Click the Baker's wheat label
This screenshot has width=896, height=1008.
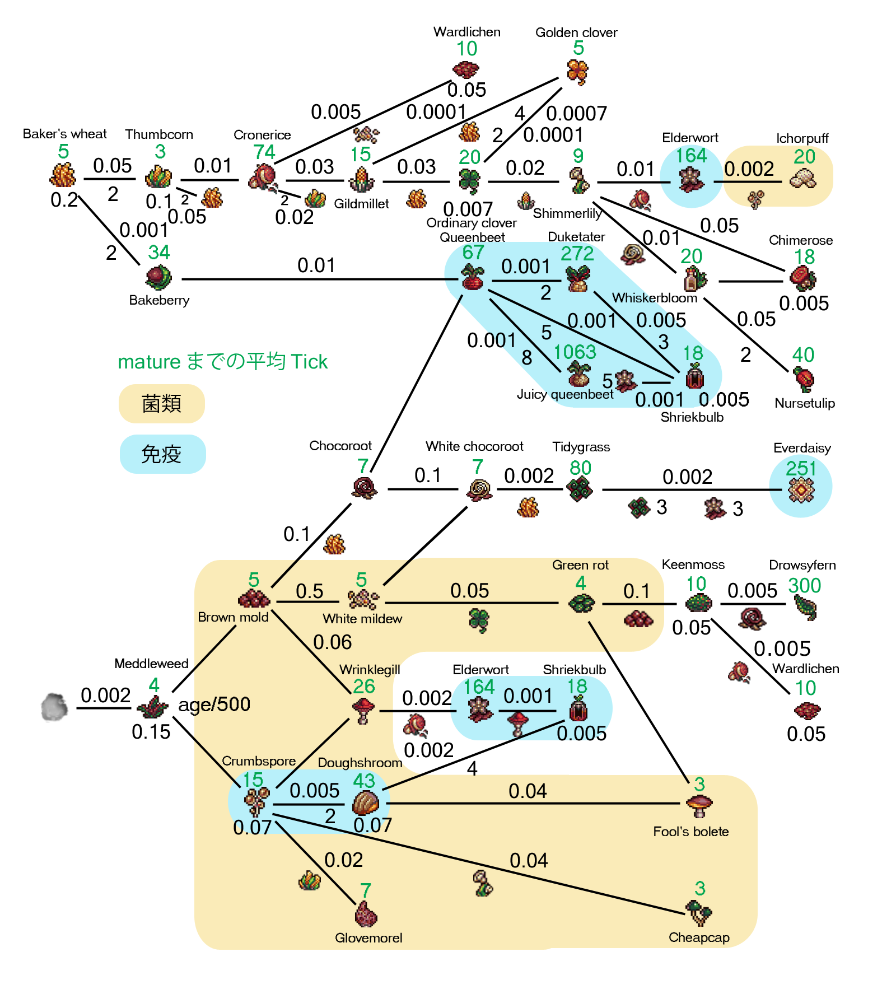(64, 134)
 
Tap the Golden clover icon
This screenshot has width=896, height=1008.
(577, 72)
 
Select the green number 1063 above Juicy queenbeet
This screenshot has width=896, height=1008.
(575, 352)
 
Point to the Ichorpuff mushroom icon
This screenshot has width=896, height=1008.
(802, 179)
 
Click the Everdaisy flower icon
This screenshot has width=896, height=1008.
(801, 491)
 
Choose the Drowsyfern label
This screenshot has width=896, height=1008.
(802, 565)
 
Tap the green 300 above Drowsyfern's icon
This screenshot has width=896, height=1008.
(804, 586)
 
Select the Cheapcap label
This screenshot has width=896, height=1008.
(699, 937)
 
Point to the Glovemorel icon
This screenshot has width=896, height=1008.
(366, 914)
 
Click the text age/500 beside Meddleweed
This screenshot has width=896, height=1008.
(214, 704)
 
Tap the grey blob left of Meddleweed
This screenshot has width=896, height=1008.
(54, 707)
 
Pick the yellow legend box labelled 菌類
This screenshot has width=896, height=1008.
(161, 404)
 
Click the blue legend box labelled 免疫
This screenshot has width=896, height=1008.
(162, 454)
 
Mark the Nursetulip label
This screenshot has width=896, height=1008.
(804, 403)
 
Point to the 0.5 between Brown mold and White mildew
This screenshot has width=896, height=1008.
(309, 591)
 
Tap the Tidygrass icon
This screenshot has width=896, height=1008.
(580, 489)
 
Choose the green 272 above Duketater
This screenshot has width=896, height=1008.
(577, 254)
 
